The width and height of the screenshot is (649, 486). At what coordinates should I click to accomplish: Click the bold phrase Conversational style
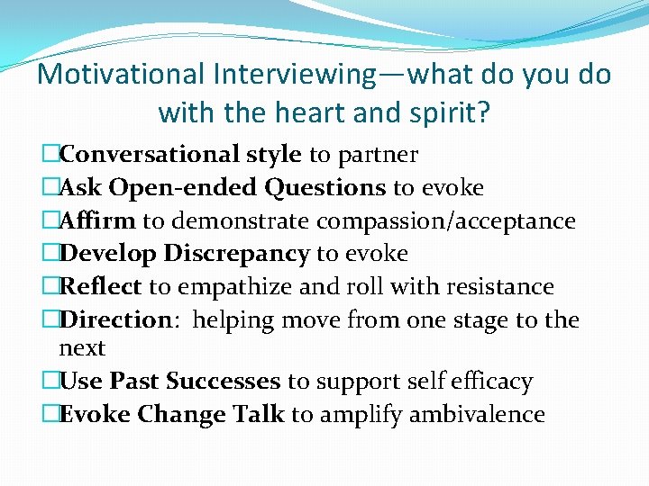click(x=181, y=155)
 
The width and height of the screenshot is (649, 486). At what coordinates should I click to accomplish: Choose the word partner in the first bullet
click(x=378, y=155)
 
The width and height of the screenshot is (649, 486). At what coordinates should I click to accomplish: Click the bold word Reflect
click(x=100, y=287)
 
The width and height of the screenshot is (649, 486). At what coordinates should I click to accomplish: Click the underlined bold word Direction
click(x=114, y=319)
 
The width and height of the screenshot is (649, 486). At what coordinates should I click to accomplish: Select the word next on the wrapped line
click(x=82, y=348)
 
